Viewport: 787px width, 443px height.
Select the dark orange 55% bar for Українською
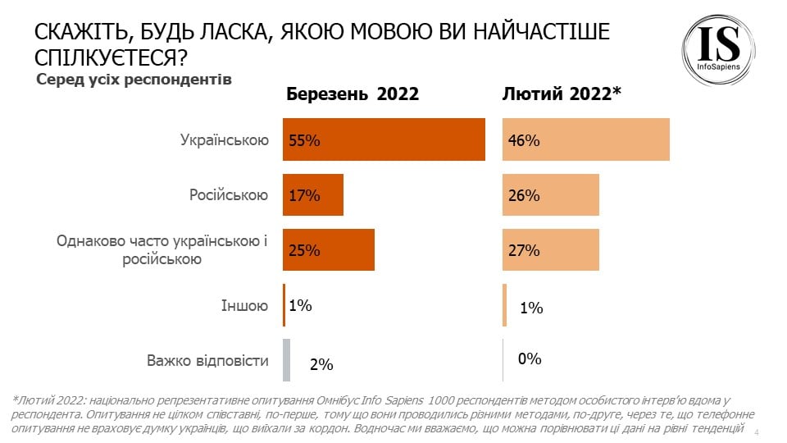point(384,139)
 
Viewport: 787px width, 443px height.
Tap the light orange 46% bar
point(586,139)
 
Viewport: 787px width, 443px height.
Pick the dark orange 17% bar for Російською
point(313,195)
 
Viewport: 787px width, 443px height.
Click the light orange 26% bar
point(551,195)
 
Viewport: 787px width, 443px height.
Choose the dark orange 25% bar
point(329,250)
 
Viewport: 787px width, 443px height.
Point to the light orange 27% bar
point(551,250)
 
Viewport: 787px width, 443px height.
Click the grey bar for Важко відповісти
point(286,360)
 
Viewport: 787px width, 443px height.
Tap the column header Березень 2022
point(353,94)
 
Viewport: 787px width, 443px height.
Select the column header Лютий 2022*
point(562,94)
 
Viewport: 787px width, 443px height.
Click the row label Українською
point(225,140)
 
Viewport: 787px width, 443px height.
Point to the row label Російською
point(229,195)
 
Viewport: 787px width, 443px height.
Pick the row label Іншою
point(244,306)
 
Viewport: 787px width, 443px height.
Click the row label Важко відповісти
point(207,361)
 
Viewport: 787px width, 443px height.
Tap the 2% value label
point(321,364)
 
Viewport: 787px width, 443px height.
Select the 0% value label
point(530,359)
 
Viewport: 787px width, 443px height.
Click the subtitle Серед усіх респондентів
point(134,80)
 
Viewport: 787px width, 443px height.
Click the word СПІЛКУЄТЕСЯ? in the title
point(107,58)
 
